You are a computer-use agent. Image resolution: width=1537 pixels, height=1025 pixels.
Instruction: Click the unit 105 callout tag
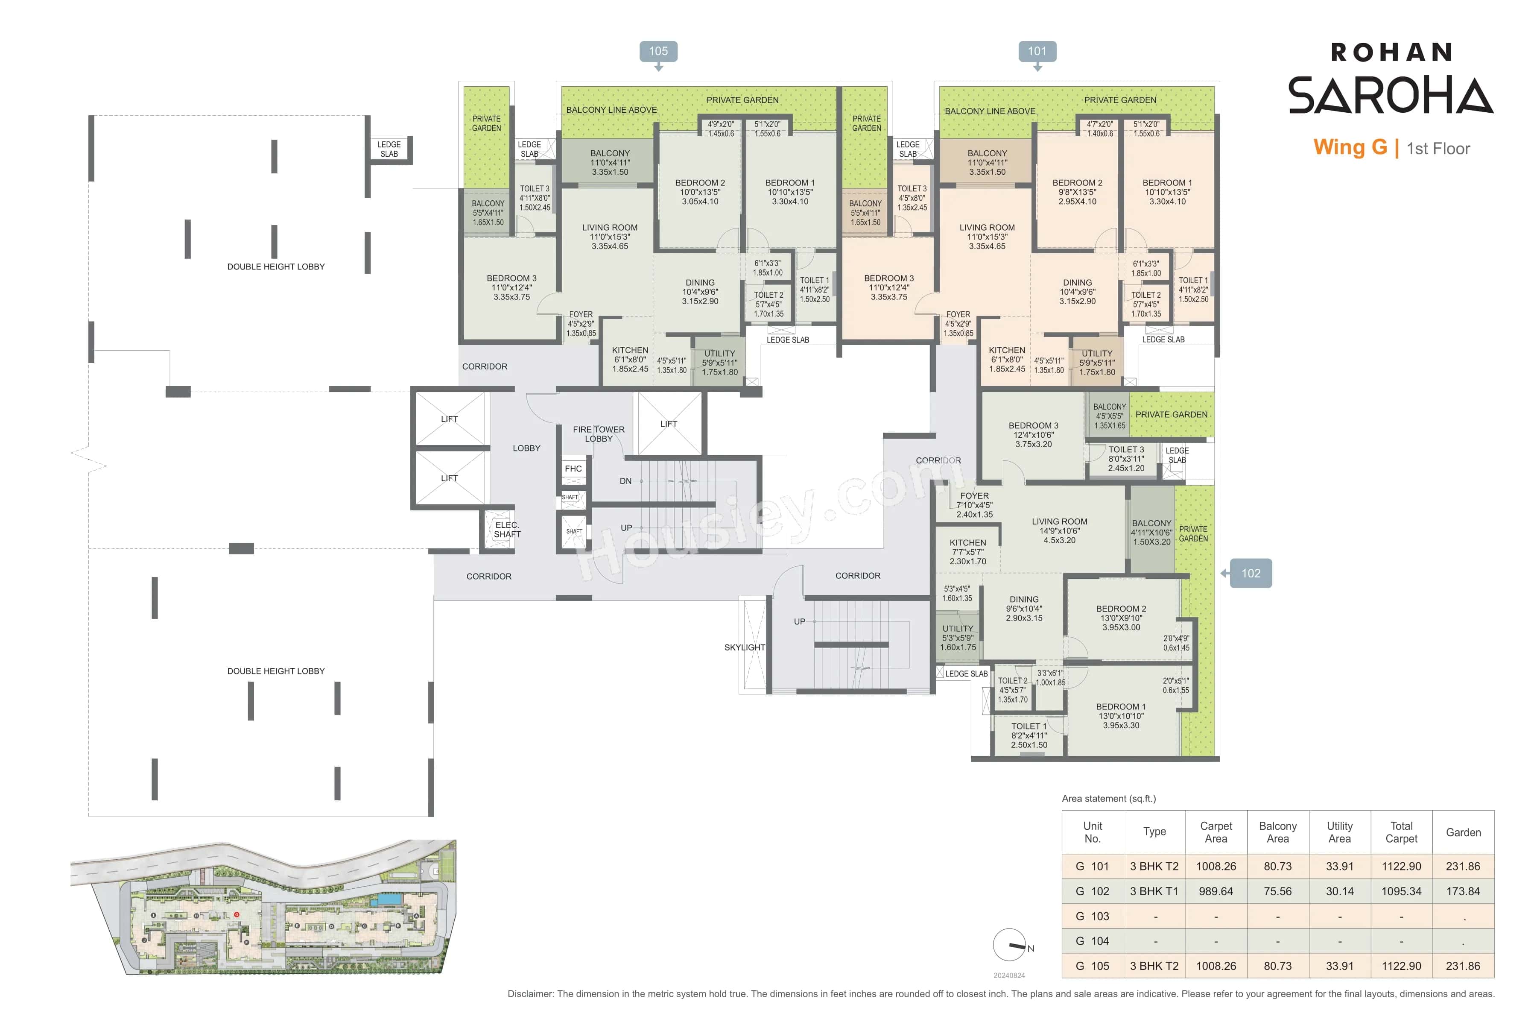[658, 51]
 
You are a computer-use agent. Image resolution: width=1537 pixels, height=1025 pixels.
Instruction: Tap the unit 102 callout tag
[1250, 573]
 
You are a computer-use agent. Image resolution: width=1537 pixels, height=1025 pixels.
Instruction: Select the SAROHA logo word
[1390, 95]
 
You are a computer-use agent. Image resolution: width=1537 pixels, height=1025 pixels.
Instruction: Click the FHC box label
[573, 469]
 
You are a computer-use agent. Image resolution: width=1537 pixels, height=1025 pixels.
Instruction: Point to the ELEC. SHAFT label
[507, 530]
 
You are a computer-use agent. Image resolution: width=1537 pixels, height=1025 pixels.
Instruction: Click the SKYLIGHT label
[744, 647]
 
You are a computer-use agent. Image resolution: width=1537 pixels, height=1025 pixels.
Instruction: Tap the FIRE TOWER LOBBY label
[599, 434]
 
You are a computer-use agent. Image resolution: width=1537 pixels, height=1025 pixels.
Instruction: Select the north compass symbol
[1010, 945]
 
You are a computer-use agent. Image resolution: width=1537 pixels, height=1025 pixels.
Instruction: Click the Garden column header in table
[1463, 832]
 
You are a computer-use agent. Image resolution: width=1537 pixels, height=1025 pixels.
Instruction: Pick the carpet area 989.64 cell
[1216, 891]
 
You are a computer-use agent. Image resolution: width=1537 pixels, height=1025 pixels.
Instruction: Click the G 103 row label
[1092, 916]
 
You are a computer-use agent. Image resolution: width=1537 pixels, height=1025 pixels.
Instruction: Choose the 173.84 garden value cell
[1463, 891]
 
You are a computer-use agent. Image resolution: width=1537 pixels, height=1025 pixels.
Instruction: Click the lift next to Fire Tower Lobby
[669, 424]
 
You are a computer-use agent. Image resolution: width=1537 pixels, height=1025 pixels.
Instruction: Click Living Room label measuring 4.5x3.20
[1059, 531]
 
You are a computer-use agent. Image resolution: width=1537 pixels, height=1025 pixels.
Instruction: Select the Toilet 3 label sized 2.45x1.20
[1126, 459]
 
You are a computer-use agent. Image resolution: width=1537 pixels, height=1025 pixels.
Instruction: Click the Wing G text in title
[1350, 148]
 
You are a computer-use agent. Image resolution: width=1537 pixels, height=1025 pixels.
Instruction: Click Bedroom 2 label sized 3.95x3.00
[1121, 618]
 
